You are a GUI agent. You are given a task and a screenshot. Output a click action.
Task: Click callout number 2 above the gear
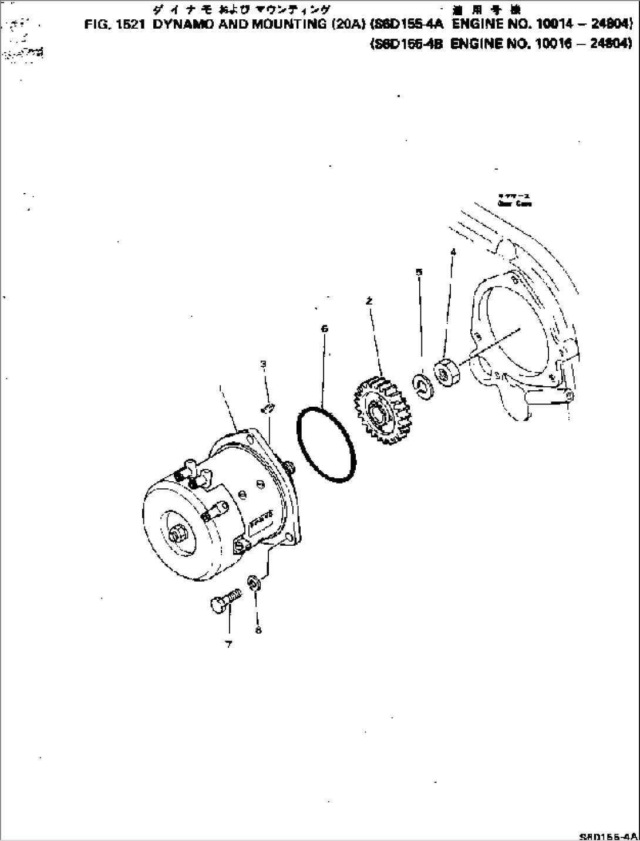coord(369,301)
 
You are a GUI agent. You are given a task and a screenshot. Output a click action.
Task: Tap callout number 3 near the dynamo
coord(264,364)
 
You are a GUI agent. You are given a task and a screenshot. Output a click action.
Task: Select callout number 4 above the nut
coord(452,252)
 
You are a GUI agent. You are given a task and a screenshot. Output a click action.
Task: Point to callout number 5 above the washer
coord(419,272)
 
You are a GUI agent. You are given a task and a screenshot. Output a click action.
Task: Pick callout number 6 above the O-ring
coord(324,329)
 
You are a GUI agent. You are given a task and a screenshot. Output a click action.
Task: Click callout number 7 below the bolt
coord(228,644)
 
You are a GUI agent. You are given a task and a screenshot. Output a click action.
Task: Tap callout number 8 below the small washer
coord(258,630)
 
